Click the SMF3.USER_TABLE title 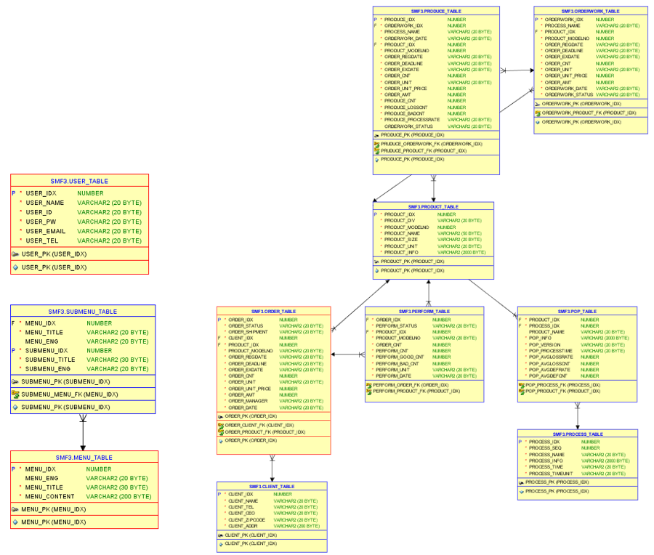pyautogui.click(x=79, y=181)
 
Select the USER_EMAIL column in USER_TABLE pyautogui.click(x=46, y=231)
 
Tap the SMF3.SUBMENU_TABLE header pyautogui.click(x=83, y=312)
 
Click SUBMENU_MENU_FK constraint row pyautogui.click(x=65, y=394)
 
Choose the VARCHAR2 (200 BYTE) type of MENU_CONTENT pyautogui.click(x=118, y=497)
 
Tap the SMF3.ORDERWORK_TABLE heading pyautogui.click(x=589, y=12)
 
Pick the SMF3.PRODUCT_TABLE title pyautogui.click(x=433, y=207)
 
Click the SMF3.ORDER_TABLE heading pyautogui.click(x=273, y=312)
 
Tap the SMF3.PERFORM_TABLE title pyautogui.click(x=424, y=312)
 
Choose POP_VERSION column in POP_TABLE pyautogui.click(x=545, y=345)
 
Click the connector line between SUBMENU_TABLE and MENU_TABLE pyautogui.click(x=83, y=432)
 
